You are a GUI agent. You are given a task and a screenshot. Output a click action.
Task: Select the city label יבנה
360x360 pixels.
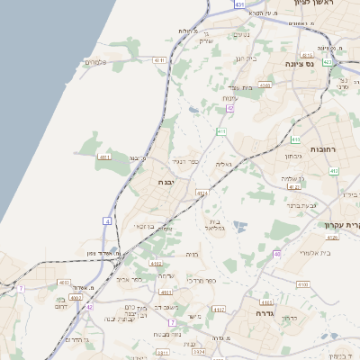click(166, 183)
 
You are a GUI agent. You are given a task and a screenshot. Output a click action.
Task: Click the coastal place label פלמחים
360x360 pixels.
click(96, 62)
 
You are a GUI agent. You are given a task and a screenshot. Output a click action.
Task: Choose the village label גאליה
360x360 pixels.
click(224, 164)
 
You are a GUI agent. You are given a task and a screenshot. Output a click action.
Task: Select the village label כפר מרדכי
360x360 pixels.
click(212, 280)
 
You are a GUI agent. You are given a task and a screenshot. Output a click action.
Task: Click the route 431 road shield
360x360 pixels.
click(239, 4)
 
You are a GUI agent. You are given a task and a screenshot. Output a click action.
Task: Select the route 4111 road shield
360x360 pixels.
click(104, 157)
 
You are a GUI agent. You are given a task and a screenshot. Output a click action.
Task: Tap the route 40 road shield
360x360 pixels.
click(277, 254)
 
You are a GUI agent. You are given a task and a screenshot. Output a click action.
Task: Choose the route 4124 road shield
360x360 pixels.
click(202, 193)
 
